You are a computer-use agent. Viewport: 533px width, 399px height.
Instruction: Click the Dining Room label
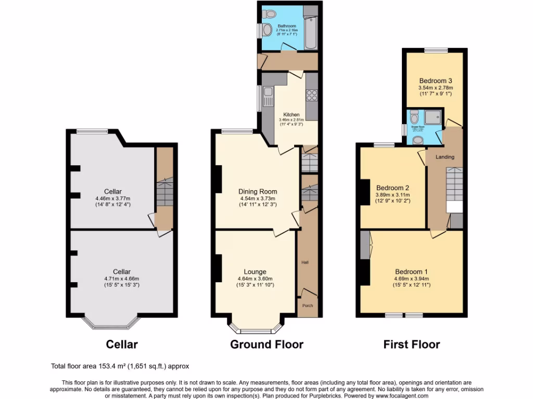pos(258,191)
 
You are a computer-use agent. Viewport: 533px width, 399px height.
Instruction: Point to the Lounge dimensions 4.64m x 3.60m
pos(255,278)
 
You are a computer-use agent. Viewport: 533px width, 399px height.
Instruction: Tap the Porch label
pos(308,305)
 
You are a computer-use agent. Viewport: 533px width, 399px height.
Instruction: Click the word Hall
pos(305,262)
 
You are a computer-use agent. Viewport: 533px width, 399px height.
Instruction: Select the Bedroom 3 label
pos(435,81)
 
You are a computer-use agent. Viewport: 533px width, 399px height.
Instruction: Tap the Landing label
pos(445,157)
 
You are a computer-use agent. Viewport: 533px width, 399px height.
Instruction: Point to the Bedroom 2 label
pos(392,188)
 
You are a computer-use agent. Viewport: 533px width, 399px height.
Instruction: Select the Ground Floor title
pos(266,344)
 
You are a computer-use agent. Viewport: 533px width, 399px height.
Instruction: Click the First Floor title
pos(411,344)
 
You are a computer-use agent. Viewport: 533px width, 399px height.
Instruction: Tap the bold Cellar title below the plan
pos(122,344)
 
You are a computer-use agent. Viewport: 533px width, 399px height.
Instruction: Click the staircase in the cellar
pos(164,195)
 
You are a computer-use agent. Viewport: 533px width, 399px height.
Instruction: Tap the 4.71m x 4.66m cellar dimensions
pos(121,278)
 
